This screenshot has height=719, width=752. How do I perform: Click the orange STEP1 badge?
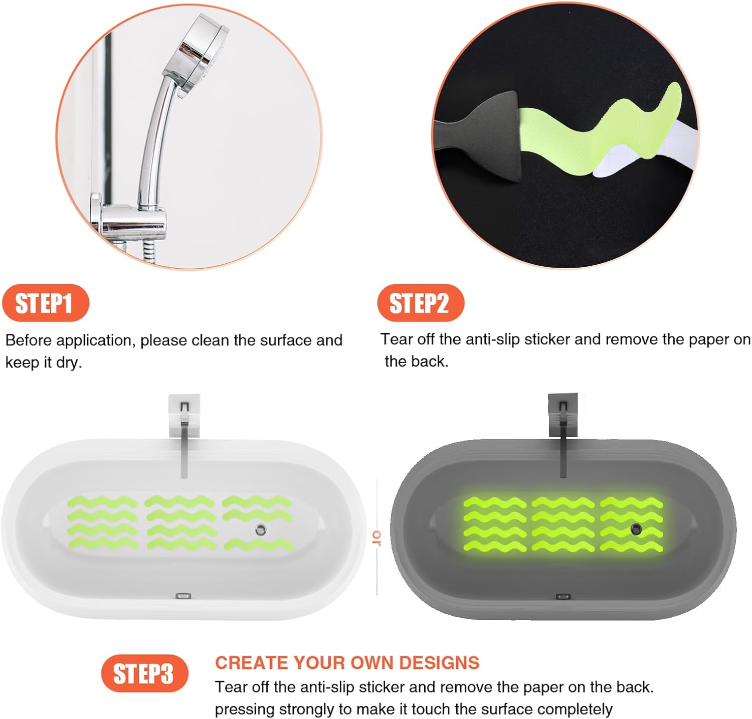(46, 303)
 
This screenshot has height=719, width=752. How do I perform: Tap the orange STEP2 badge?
(421, 303)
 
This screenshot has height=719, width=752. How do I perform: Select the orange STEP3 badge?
(144, 673)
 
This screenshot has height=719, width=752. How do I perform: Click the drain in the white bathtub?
(260, 529)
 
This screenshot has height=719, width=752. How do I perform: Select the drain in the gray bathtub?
(636, 528)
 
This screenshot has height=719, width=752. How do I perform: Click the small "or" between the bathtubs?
(377, 538)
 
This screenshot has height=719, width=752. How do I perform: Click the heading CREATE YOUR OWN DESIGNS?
(347, 663)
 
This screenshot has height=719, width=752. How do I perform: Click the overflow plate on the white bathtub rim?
(183, 596)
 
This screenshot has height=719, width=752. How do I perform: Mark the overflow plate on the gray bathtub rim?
(563, 597)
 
